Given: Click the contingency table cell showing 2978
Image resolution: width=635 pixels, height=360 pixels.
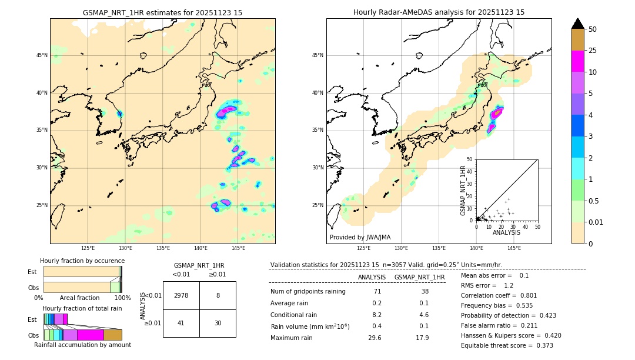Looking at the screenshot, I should [181, 295].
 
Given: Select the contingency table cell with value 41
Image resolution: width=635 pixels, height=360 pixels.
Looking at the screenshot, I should [181, 323].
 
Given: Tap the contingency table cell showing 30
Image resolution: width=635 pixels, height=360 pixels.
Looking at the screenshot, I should [218, 323].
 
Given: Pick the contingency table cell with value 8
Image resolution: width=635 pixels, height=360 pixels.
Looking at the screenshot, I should [218, 295].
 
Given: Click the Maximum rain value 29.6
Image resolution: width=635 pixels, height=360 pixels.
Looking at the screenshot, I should [375, 338].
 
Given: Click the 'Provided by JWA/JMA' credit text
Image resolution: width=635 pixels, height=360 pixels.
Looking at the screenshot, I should [360, 238].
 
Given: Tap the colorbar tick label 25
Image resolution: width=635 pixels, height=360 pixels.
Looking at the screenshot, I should [593, 51].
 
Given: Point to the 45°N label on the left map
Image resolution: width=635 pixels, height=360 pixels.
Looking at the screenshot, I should [42, 55].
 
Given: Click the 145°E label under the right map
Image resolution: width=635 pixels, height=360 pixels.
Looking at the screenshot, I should [514, 248].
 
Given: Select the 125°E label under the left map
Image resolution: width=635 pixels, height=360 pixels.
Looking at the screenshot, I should [88, 248].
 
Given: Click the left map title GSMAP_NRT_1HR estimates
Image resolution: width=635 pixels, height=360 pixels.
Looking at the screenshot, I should [162, 12].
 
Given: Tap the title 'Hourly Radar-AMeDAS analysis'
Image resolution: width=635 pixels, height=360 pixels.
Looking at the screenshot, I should [439, 12].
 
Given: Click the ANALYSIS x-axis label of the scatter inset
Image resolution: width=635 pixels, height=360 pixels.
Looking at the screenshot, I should [506, 232].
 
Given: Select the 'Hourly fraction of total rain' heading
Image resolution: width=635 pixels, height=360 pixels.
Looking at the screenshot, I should [82, 308].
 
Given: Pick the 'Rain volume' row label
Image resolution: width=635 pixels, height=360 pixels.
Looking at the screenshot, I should [310, 326].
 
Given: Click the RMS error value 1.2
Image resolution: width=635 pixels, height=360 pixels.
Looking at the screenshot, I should [509, 285].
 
